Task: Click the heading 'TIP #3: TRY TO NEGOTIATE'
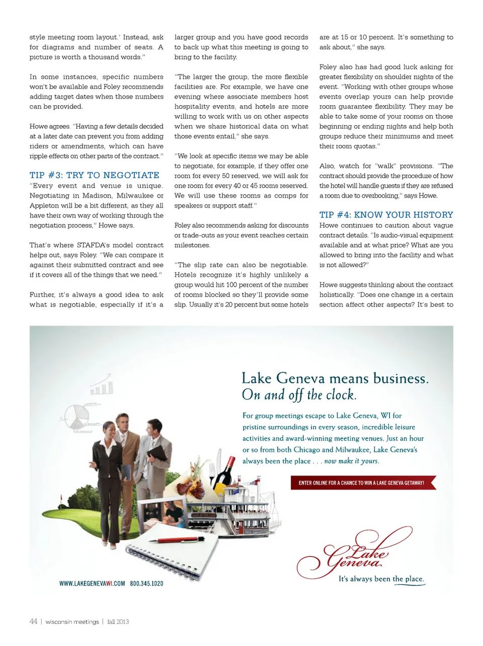pos(95,175)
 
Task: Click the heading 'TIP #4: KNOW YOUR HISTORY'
pos(386,215)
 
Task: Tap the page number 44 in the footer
pos(33,621)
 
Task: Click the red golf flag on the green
pos(62,498)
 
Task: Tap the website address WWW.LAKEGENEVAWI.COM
pos(92,584)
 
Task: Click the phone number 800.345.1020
pos(146,584)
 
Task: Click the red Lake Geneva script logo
pos(355,553)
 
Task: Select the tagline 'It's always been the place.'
pos(381,579)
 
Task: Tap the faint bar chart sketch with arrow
pos(102,385)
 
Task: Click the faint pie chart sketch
pos(77,417)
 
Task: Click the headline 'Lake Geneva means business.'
pos(335,378)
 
